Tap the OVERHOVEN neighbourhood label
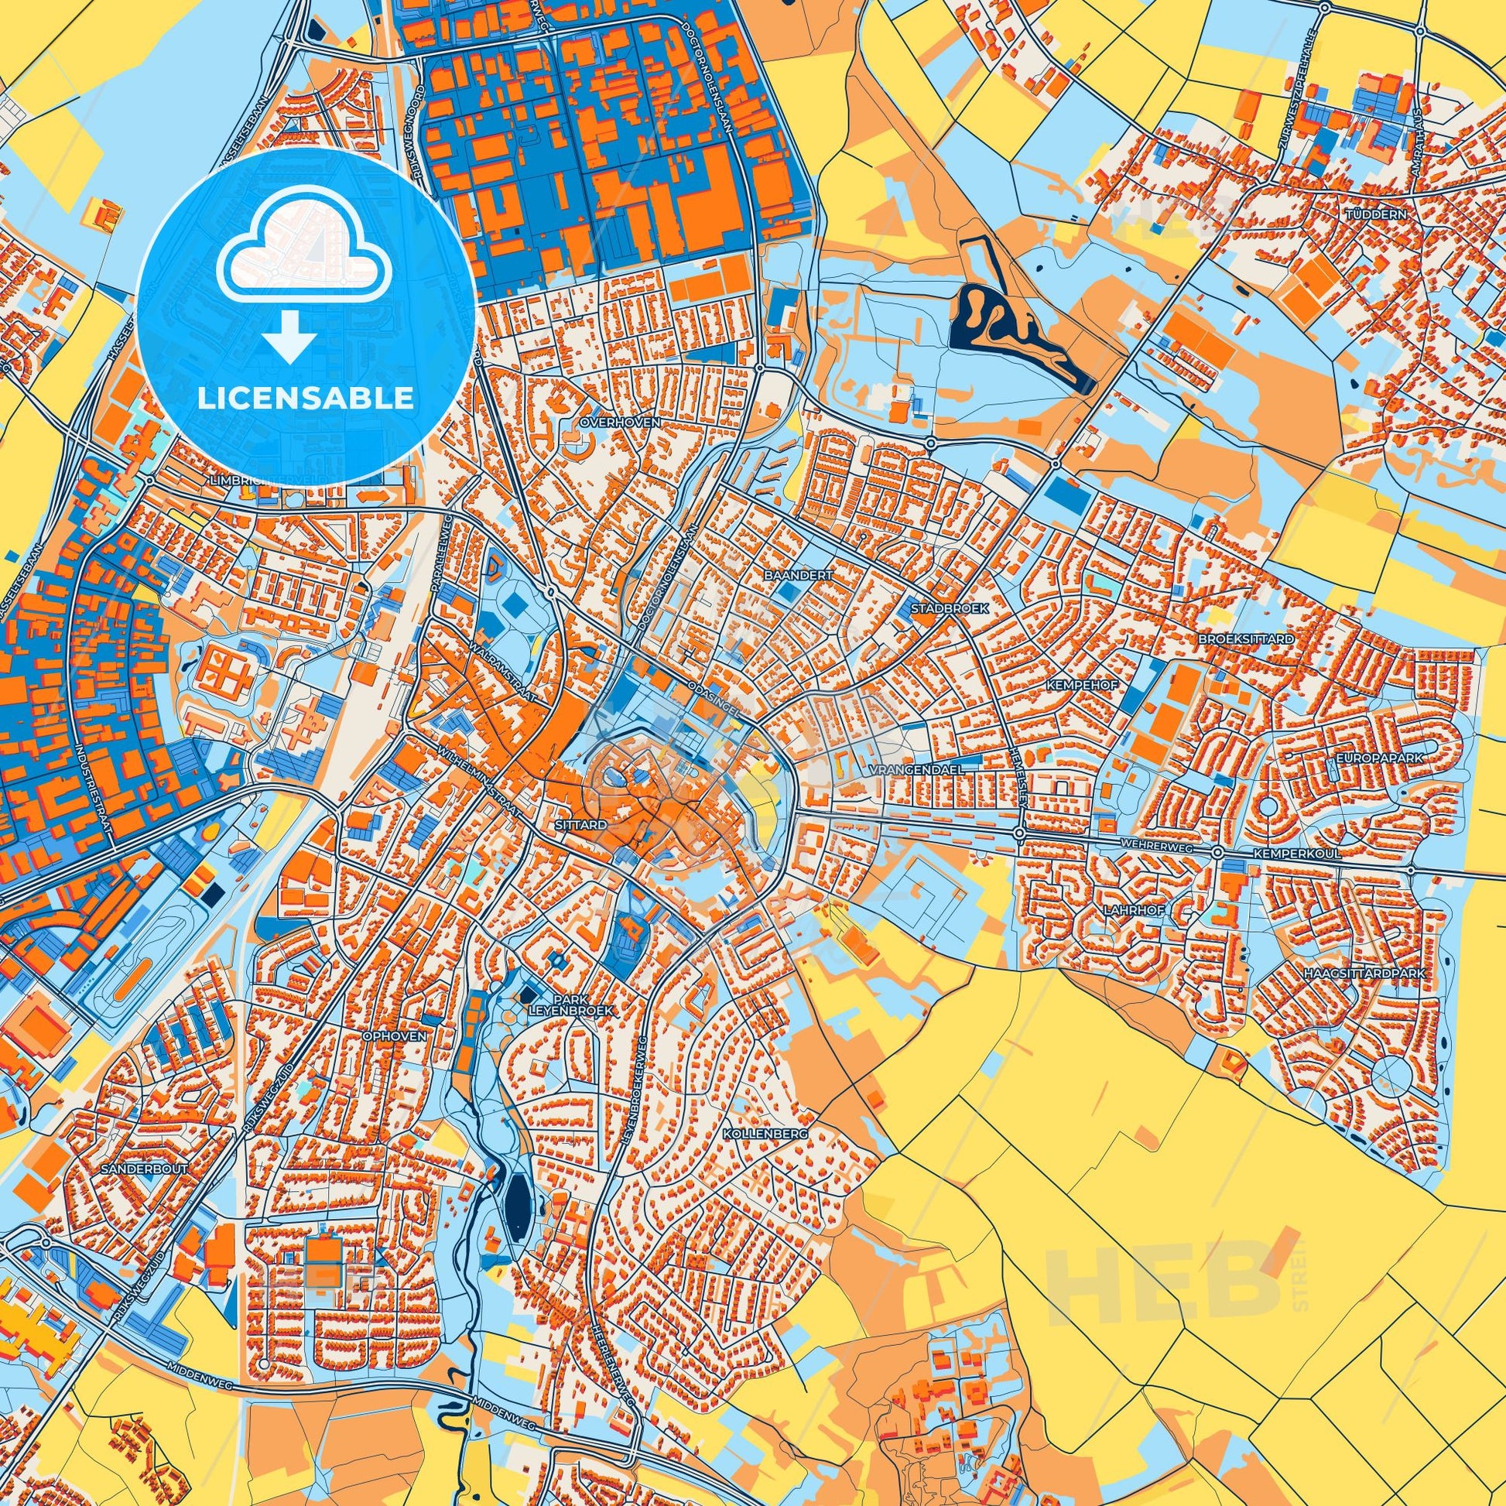click(x=620, y=422)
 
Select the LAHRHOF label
click(x=1126, y=909)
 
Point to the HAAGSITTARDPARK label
click(x=1364, y=974)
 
